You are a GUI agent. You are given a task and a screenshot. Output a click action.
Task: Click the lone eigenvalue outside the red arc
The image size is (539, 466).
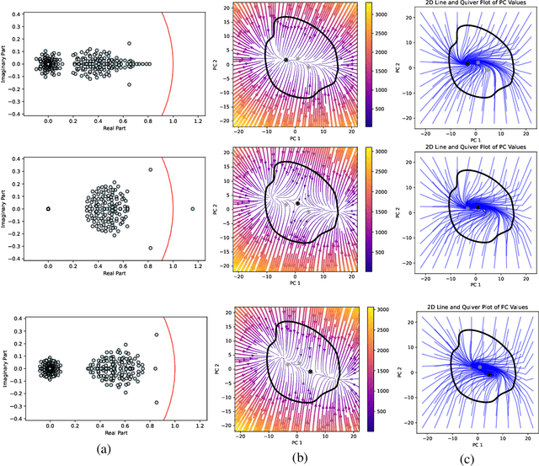pyautogui.click(x=192, y=208)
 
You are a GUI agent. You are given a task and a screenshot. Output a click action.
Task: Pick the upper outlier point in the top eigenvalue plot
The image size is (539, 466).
pyautogui.click(x=129, y=43)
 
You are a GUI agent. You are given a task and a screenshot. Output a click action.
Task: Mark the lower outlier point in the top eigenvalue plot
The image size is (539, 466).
pyautogui.click(x=129, y=84)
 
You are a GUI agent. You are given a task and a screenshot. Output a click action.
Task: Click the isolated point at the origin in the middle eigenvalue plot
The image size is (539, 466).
pyautogui.click(x=48, y=208)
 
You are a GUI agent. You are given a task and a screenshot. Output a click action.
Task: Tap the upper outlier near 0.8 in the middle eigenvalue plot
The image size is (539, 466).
pyautogui.click(x=151, y=169)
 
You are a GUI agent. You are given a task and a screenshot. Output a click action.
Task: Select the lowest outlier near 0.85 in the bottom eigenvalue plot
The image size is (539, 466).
pyautogui.click(x=156, y=402)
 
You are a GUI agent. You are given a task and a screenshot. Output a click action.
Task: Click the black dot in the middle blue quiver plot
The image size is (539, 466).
pyautogui.click(x=478, y=206)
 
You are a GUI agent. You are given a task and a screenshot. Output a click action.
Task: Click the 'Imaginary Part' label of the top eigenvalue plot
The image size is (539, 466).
pyautogui.click(x=8, y=63)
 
